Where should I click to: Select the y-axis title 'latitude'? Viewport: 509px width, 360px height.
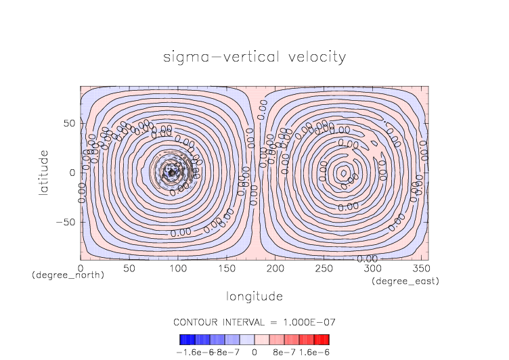43,173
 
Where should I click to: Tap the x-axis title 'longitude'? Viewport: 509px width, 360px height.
254,296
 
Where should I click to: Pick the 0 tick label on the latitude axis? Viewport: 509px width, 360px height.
71,173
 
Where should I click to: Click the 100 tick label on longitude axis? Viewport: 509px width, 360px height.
177,269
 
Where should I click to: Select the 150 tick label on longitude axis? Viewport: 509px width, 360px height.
225,269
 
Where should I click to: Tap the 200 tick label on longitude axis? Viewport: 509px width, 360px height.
274,269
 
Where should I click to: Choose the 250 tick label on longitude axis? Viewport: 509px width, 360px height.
323,269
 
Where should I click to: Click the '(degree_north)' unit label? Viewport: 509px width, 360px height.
68,275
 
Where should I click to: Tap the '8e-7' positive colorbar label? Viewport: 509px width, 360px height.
280,352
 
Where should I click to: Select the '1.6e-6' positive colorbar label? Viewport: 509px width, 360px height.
314,352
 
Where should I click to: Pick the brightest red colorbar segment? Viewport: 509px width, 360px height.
326,340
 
